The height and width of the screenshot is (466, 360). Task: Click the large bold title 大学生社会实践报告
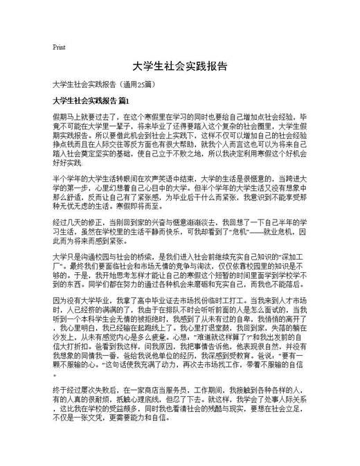click(179, 66)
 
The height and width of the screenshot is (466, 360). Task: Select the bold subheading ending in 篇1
click(91, 100)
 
